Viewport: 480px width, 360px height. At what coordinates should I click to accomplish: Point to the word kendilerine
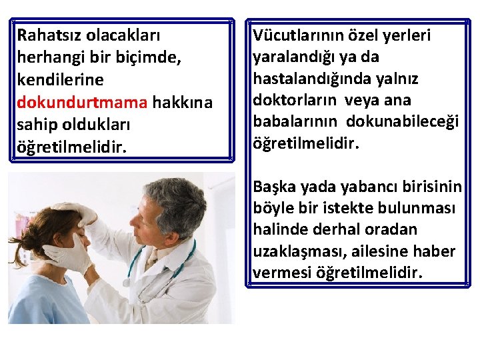pos(61,81)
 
